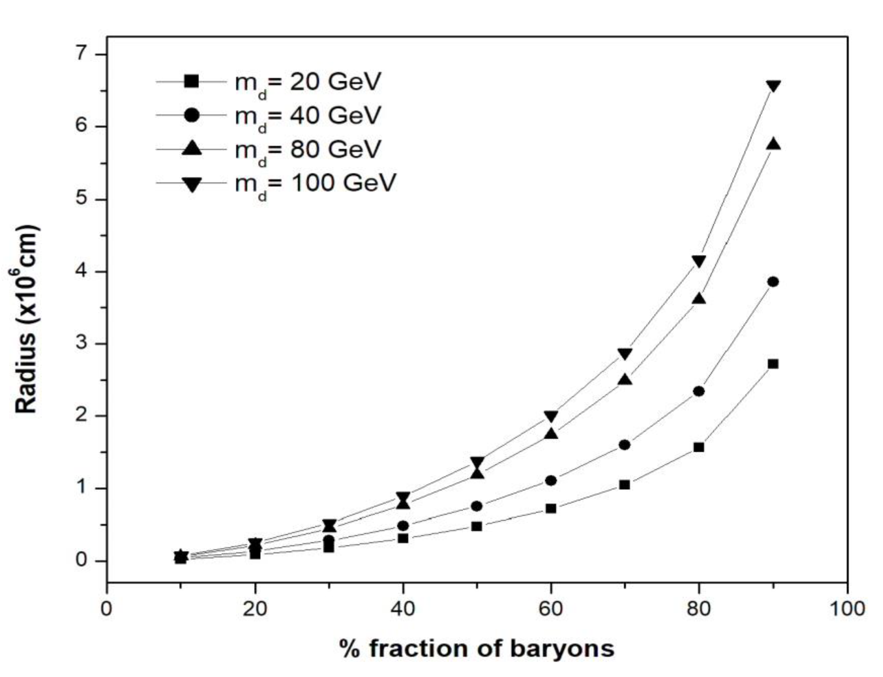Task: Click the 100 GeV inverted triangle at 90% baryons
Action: point(773,86)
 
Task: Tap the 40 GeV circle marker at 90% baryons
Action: point(773,282)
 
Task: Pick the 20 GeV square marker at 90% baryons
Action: point(773,364)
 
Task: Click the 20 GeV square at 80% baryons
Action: point(699,447)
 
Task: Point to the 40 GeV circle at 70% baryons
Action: point(625,445)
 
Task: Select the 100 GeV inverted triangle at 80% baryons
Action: point(699,261)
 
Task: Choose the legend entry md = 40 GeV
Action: point(307,116)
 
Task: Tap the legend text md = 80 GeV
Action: point(307,149)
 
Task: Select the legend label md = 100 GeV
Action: point(315,184)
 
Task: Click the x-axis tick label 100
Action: point(847,609)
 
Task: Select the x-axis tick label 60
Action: point(551,609)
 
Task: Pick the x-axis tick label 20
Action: point(255,609)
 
